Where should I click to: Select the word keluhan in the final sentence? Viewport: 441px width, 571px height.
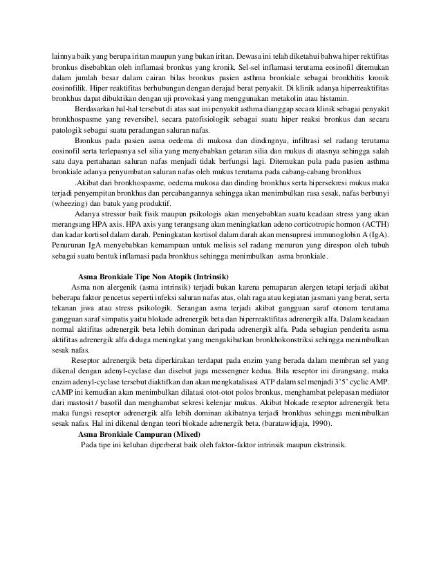(x=138, y=444)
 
